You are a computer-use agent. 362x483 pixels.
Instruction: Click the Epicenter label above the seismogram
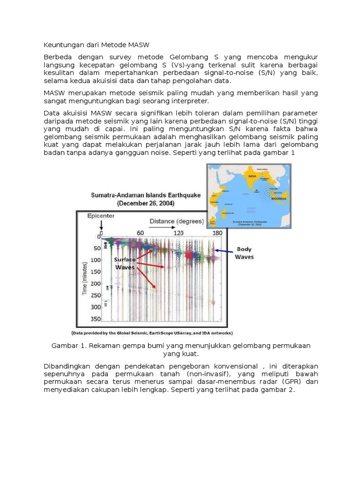101,216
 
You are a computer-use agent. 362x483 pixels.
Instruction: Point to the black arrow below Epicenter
101,227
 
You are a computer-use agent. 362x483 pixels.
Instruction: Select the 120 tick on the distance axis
179,233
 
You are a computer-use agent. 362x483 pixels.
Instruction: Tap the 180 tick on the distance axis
217,233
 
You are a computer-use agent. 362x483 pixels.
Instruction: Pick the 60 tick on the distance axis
140,233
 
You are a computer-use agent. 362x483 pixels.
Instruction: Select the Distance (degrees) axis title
177,221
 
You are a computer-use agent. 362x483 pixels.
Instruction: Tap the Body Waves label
244,253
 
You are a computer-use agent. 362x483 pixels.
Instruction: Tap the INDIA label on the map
252,177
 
